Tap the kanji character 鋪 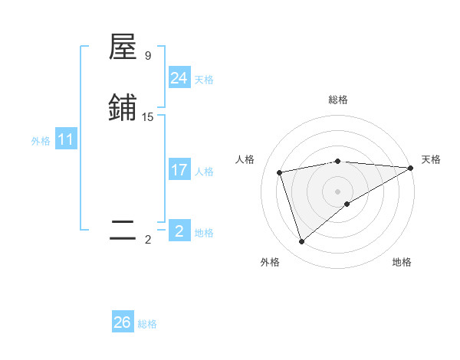(x=123, y=108)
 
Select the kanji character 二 (x=123, y=231)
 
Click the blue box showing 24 (x=179, y=78)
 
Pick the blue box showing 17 (x=179, y=170)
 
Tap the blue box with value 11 (x=66, y=140)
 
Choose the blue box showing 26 (x=123, y=322)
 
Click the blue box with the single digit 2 (x=179, y=231)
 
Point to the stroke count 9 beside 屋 (x=148, y=56)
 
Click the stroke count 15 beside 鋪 (x=148, y=117)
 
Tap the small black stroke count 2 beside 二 (x=148, y=240)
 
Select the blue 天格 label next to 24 (x=204, y=80)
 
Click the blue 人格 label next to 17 (x=204, y=172)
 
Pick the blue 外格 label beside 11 (x=41, y=141)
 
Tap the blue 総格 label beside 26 (x=147, y=324)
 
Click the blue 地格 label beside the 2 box (x=204, y=233)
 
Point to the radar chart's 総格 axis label (x=338, y=100)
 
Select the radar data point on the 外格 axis (x=301, y=242)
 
